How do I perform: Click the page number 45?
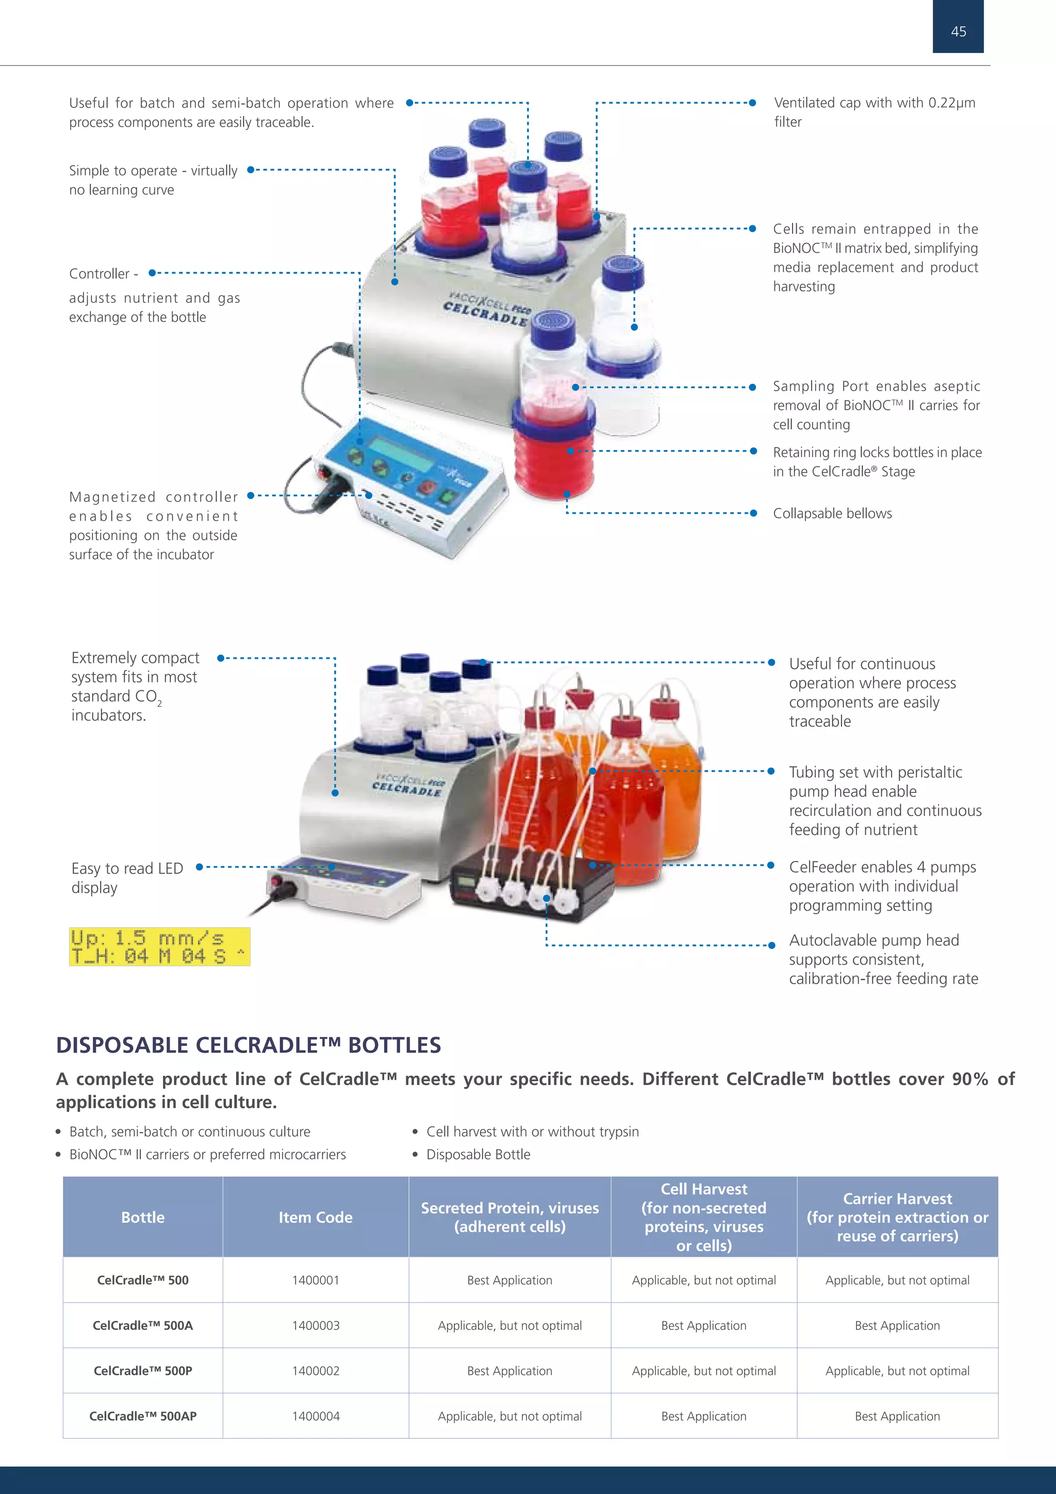pos(958,31)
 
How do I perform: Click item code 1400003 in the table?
pos(316,1325)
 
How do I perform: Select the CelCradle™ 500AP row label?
pos(142,1416)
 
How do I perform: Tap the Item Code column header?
pos(316,1217)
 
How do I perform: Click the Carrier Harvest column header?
pos(897,1217)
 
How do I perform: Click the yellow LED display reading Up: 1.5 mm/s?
pos(159,947)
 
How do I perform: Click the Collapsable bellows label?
pos(832,513)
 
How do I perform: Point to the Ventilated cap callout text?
pos(874,112)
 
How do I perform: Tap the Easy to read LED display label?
pos(127,878)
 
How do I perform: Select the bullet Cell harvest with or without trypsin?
pos(532,1131)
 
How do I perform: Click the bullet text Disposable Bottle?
pos(478,1155)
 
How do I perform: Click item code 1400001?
pos(316,1280)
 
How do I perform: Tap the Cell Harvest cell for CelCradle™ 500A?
pos(703,1325)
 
